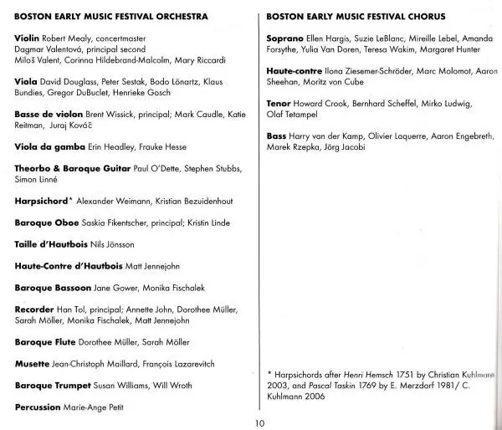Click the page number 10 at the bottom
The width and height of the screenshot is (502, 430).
click(259, 423)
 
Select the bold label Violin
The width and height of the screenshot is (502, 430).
click(30, 39)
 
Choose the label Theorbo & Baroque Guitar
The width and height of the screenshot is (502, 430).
click(73, 169)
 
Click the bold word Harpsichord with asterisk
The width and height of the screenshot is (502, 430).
click(45, 202)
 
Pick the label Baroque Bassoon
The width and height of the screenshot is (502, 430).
click(53, 287)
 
